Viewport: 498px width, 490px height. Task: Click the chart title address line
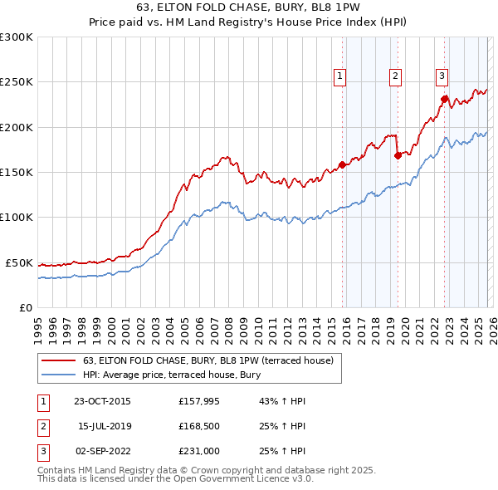point(248,9)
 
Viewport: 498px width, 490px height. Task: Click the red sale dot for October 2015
point(342,164)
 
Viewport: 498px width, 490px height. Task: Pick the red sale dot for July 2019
point(398,155)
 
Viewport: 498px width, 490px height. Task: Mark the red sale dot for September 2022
point(444,99)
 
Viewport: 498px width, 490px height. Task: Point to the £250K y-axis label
point(16,82)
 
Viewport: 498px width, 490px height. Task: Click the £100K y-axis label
point(16,217)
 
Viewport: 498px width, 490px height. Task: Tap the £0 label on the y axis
point(25,307)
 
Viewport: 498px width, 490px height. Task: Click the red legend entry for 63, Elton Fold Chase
point(207,360)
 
